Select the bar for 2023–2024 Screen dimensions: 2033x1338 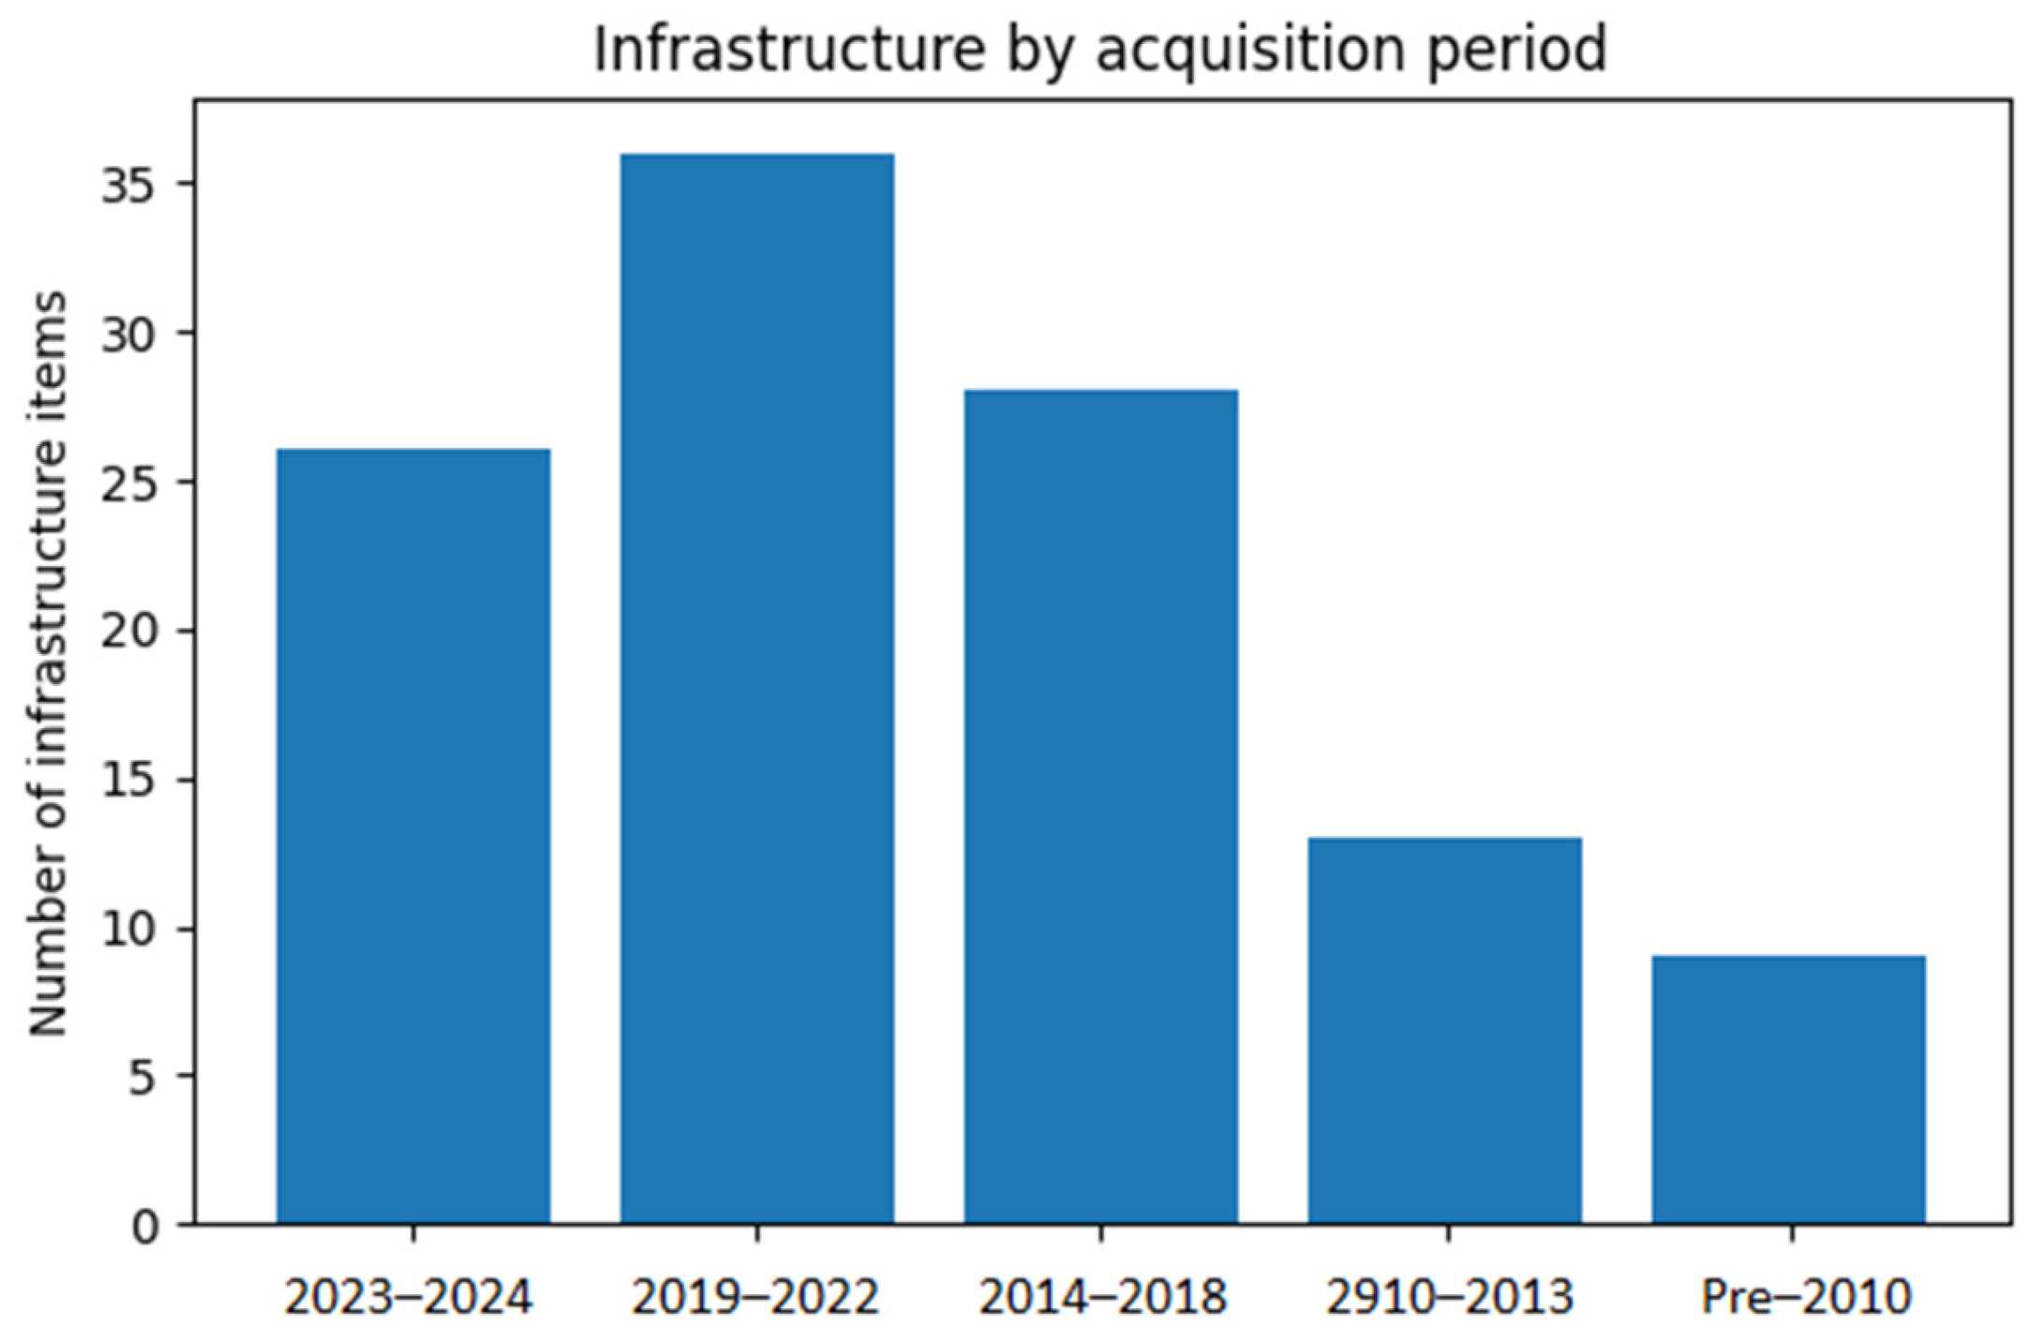click(413, 836)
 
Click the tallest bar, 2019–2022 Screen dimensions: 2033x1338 click(757, 689)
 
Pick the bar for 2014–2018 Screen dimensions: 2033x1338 click(1101, 807)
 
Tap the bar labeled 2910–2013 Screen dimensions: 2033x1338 click(1445, 1031)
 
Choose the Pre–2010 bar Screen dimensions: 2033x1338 click(1789, 1090)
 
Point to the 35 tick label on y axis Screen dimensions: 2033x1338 click(128, 186)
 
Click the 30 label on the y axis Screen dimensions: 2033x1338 click(128, 334)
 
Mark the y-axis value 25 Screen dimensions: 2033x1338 click(128, 483)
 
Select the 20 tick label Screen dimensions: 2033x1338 click(128, 632)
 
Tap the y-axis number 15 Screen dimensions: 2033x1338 click(128, 780)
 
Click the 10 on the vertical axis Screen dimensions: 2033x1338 click(128, 929)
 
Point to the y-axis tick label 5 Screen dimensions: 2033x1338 click(142, 1078)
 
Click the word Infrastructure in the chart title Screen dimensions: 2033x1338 click(790, 48)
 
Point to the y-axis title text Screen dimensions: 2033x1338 click(49, 663)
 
